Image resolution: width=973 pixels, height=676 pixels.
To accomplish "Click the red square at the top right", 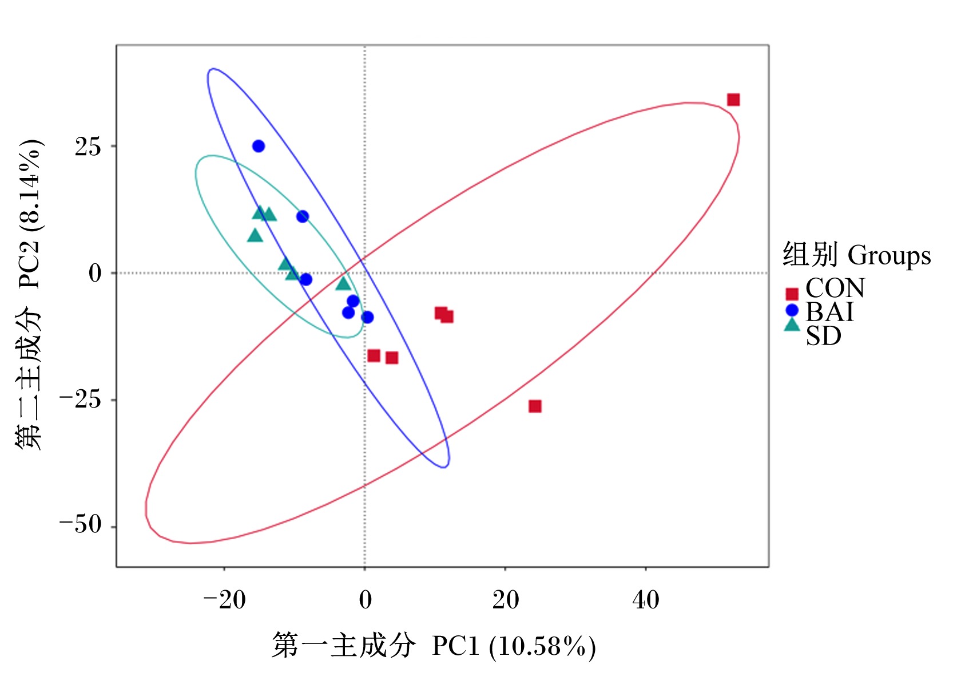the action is tap(733, 100).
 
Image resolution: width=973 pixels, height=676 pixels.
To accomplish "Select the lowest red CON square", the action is tap(535, 406).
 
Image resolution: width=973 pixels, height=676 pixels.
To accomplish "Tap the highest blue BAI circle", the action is tap(259, 146).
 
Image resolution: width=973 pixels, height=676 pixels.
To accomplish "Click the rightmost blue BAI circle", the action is tap(367, 317).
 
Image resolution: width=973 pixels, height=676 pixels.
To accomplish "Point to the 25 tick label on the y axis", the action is tap(88, 147).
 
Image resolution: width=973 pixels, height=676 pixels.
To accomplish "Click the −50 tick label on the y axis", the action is tap(80, 524).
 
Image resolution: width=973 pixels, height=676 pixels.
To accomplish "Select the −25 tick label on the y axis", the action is tap(80, 399).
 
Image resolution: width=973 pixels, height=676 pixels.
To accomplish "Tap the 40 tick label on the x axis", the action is tap(646, 600).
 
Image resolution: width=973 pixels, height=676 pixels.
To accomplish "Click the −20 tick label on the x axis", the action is tap(225, 600).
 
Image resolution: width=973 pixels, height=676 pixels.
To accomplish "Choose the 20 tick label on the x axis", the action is tap(506, 600).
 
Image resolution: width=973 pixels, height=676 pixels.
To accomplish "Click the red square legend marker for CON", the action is tap(792, 294).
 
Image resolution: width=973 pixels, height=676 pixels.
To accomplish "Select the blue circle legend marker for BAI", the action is tap(792, 310).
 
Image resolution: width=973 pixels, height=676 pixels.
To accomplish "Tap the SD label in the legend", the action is tap(824, 336).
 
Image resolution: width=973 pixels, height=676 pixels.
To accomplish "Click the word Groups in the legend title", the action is tap(889, 256).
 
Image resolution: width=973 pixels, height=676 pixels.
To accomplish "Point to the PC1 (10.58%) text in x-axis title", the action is tap(514, 646).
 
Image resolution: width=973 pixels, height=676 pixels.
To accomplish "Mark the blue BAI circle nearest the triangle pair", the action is tap(303, 216).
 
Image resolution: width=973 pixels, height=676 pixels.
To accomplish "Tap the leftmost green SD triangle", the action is tap(255, 236).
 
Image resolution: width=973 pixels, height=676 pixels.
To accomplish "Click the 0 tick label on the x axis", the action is tap(366, 600).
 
